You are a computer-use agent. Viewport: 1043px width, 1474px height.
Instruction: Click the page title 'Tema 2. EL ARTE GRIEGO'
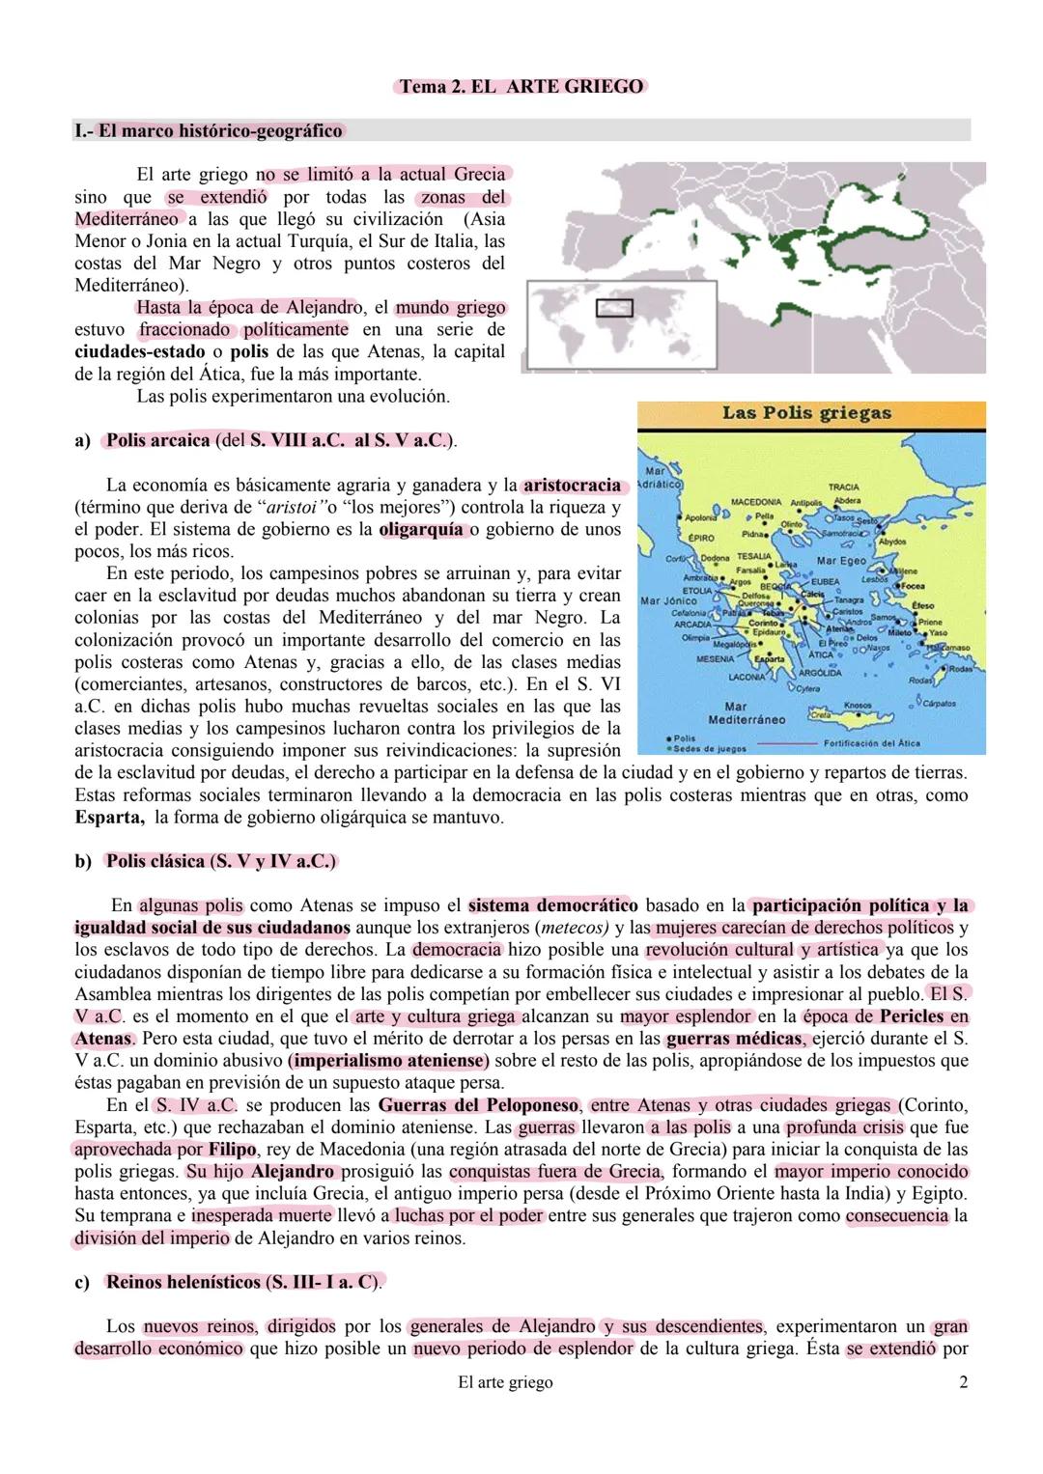[x=521, y=87]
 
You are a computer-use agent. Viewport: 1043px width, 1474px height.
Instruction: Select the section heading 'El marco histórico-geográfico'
[x=209, y=130]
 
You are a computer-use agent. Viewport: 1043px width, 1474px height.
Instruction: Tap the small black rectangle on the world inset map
[x=613, y=308]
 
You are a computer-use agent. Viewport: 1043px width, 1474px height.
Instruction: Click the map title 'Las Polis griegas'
[x=806, y=414]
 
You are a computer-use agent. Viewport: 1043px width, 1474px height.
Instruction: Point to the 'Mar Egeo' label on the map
[x=841, y=561]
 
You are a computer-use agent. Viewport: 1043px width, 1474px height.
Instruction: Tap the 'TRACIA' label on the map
[x=843, y=487]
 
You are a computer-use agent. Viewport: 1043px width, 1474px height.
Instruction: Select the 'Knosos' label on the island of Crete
[x=857, y=706]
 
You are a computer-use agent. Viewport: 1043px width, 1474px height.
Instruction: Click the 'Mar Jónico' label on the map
[x=667, y=600]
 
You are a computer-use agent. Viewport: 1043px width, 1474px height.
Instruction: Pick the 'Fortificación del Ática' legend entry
[x=871, y=743]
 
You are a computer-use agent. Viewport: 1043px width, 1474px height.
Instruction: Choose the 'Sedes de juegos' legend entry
[x=708, y=748]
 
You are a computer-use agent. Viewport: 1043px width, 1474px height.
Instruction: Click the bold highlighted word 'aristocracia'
[x=572, y=485]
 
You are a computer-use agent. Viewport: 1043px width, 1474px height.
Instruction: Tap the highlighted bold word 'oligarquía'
[x=421, y=529]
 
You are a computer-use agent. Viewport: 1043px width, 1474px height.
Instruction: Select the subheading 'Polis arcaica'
[x=157, y=440]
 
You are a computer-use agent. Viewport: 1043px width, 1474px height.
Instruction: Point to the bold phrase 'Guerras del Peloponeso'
[x=478, y=1105]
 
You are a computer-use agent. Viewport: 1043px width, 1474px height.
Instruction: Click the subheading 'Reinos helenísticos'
[x=183, y=1282]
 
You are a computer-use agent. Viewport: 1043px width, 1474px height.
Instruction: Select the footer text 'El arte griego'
[x=505, y=1382]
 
